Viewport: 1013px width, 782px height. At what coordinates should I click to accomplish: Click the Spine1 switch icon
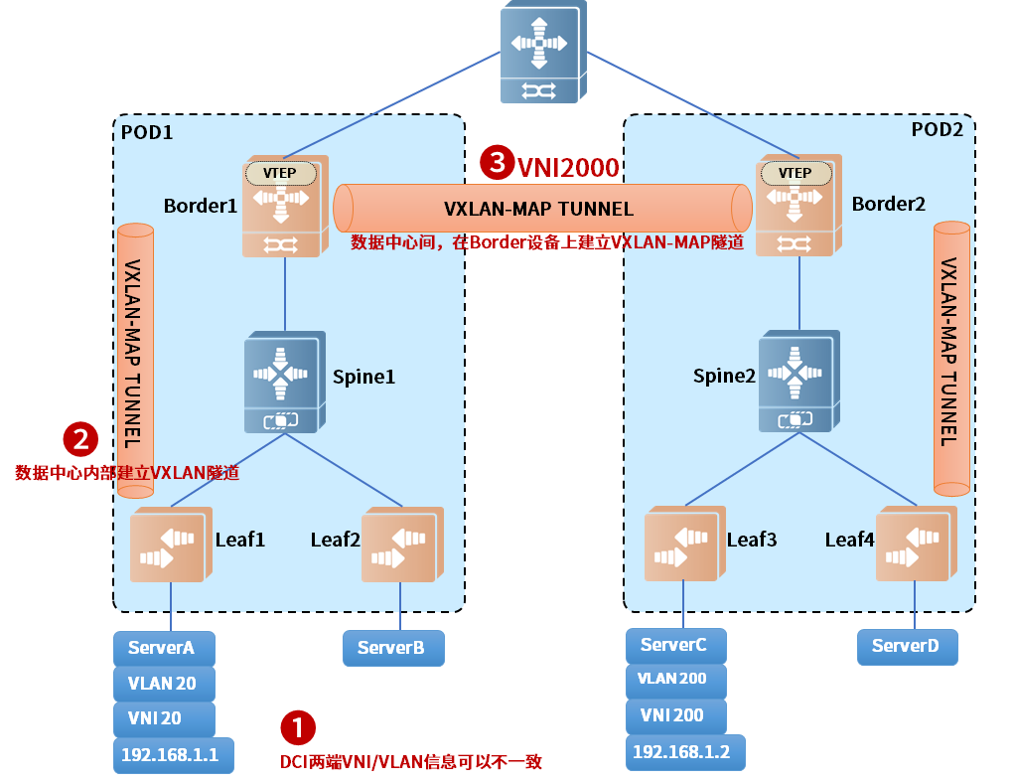pos(285,382)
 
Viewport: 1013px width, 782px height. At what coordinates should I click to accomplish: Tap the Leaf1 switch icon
pos(170,544)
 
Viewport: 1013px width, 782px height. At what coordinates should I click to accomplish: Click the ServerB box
pos(393,648)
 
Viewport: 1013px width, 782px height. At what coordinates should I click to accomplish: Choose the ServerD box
pos(908,646)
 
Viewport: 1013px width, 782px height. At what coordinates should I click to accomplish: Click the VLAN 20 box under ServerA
pos(164,684)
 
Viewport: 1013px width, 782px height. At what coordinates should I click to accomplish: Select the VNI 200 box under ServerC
pos(676,715)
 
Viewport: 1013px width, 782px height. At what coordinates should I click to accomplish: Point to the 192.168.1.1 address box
pos(173,754)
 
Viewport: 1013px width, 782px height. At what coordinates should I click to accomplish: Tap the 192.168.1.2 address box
pos(684,752)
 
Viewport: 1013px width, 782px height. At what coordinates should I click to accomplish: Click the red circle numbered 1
pos(297,728)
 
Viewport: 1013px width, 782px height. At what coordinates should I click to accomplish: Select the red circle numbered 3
pos(497,163)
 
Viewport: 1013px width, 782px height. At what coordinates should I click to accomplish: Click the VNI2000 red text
pos(569,167)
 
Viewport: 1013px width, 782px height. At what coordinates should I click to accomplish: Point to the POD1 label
pos(147,132)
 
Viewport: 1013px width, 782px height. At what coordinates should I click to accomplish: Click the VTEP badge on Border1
pos(281,173)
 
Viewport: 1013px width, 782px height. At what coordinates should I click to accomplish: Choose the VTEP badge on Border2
pos(795,173)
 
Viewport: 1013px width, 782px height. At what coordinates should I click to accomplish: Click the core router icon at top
pos(539,53)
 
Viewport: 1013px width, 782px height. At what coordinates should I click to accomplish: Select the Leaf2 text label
pos(335,540)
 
